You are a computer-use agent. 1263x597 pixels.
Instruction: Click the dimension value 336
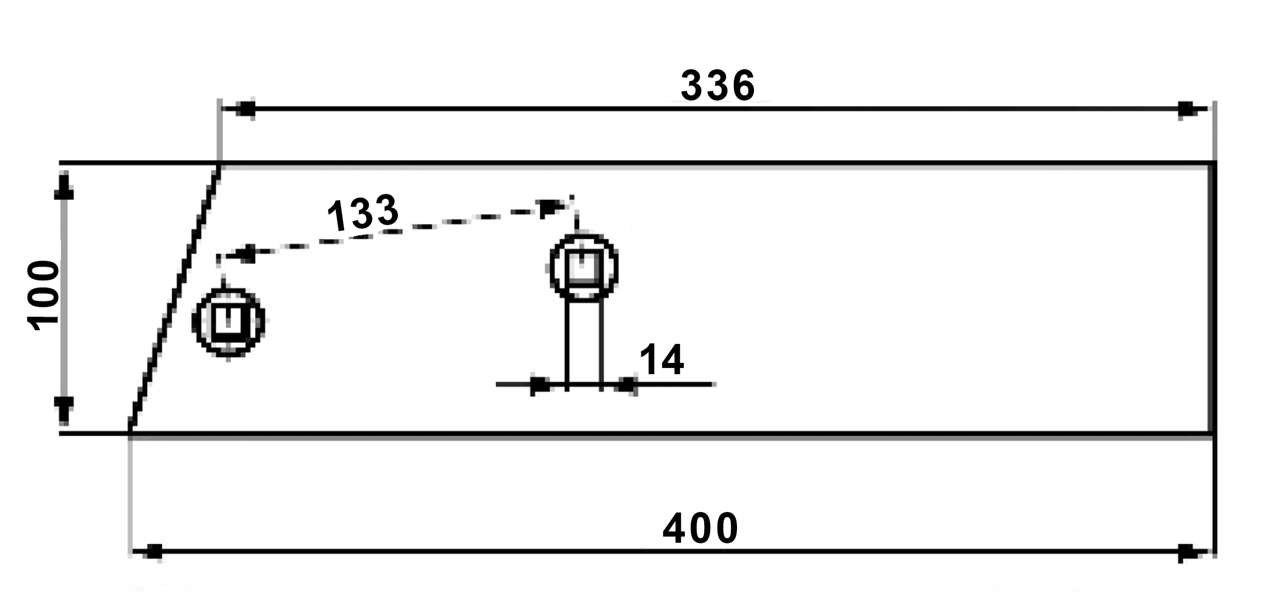coord(718,86)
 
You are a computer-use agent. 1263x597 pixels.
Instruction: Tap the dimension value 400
coord(700,528)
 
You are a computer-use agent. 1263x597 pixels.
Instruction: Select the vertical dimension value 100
coord(44,295)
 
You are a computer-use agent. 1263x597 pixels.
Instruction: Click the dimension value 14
coord(661,360)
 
